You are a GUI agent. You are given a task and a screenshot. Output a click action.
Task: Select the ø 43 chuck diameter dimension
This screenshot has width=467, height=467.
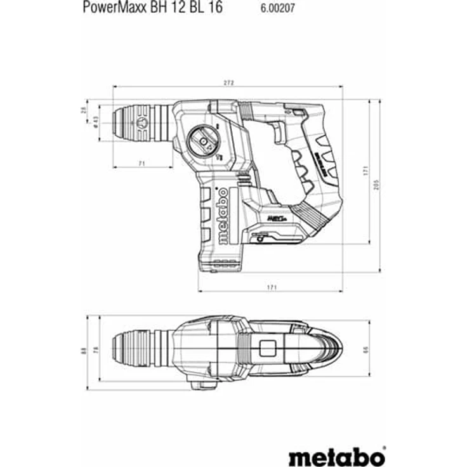pyautogui.click(x=95, y=122)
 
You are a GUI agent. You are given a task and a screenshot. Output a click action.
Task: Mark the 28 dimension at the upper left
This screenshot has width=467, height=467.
pyautogui.click(x=83, y=109)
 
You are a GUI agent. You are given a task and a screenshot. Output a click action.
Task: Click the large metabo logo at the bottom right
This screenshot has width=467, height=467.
pyautogui.click(x=337, y=438)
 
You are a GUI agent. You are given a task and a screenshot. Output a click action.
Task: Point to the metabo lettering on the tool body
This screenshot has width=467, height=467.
pyautogui.click(x=223, y=216)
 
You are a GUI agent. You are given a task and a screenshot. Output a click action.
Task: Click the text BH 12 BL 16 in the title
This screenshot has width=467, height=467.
pyautogui.click(x=188, y=9)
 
